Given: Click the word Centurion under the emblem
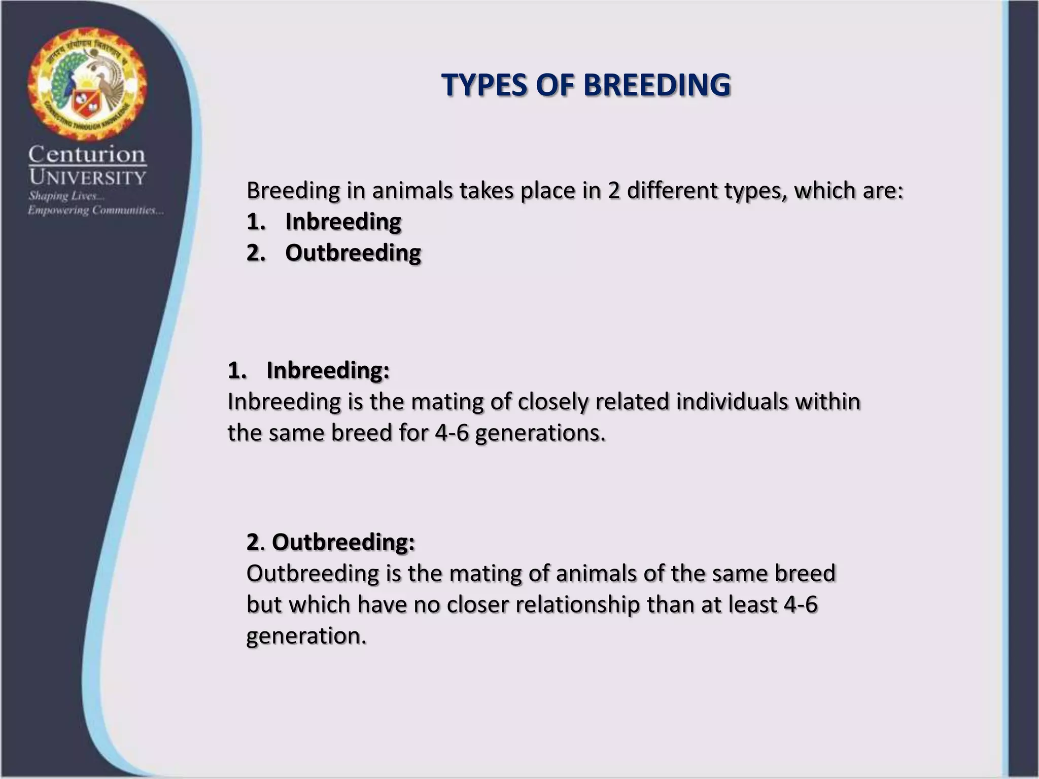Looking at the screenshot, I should pos(87,154).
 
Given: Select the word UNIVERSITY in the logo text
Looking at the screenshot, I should pos(87,178).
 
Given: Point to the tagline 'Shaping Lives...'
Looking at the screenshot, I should pos(66,196).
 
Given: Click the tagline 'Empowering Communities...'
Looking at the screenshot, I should pos(95,210).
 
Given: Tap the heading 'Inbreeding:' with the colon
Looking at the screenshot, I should pos(328,370).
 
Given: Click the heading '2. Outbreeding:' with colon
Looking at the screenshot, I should pos(331,542).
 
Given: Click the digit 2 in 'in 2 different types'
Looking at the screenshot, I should pos(614,191).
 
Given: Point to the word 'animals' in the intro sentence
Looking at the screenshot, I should pos(412,191).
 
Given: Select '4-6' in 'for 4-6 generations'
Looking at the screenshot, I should pos(452,433).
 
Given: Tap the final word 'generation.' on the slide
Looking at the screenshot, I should pos(306,636).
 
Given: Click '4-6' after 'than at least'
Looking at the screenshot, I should pos(801,605).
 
